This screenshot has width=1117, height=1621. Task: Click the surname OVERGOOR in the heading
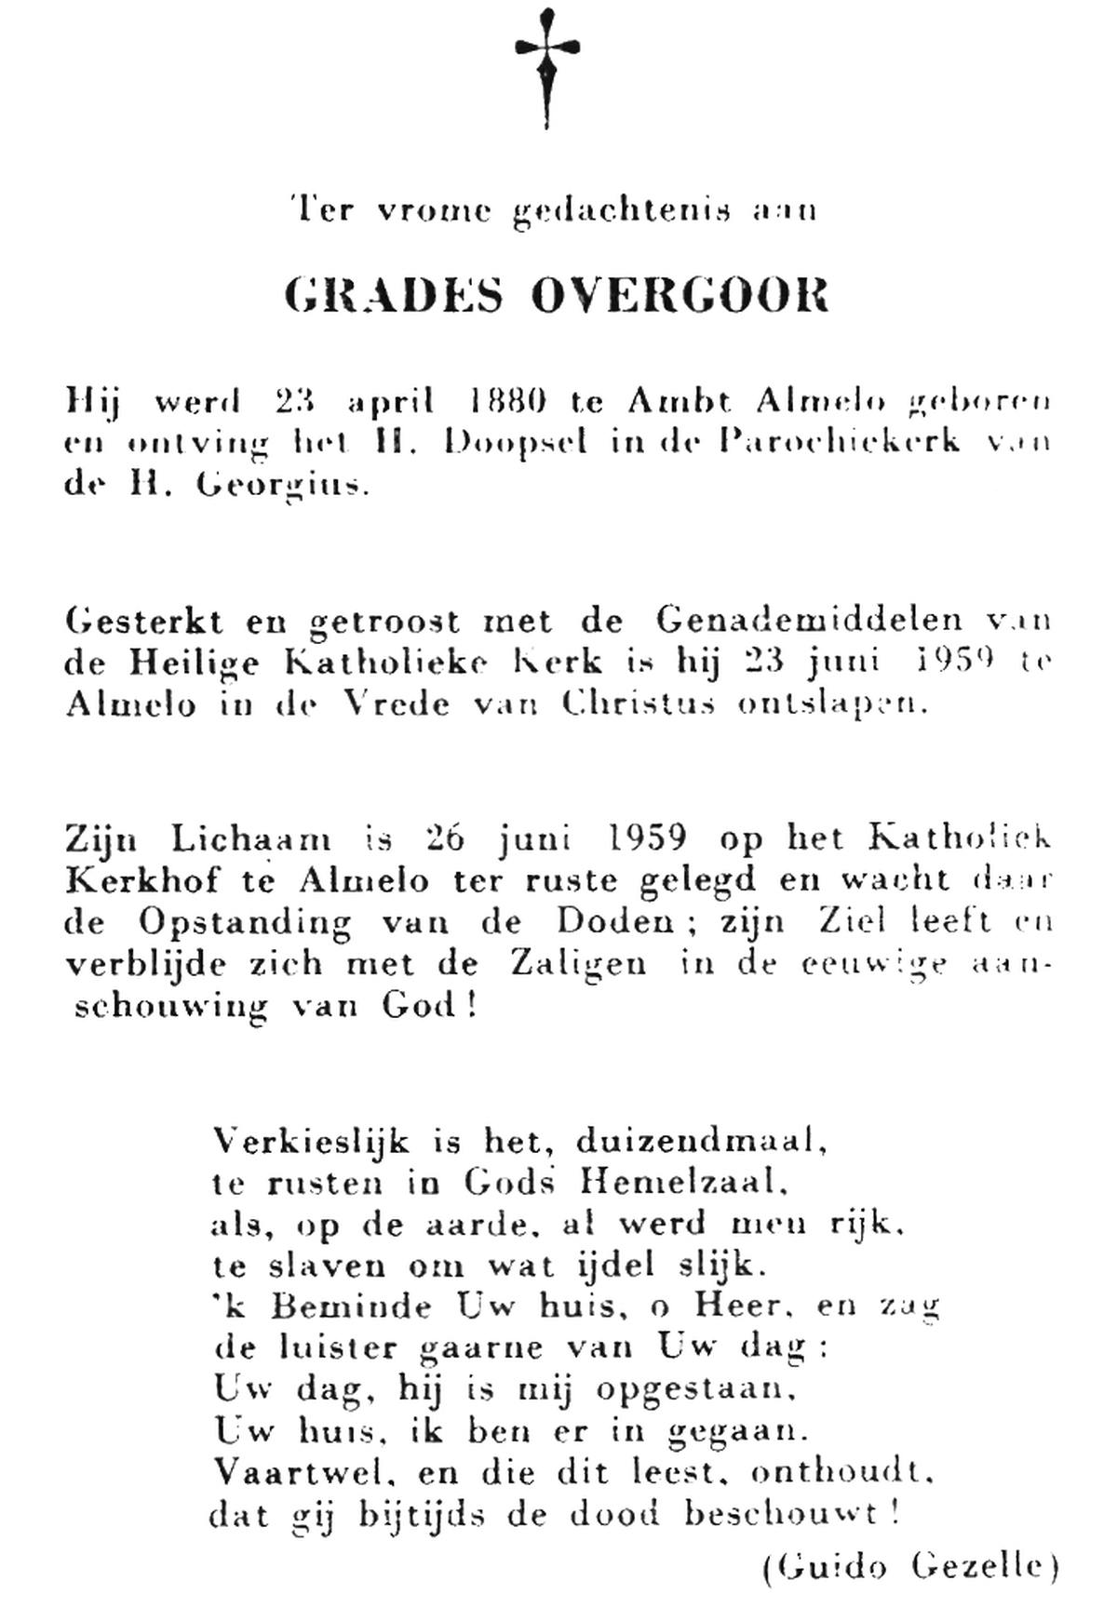tap(680, 295)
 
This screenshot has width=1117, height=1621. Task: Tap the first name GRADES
tap(394, 295)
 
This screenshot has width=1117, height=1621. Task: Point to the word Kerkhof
tap(136, 880)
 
